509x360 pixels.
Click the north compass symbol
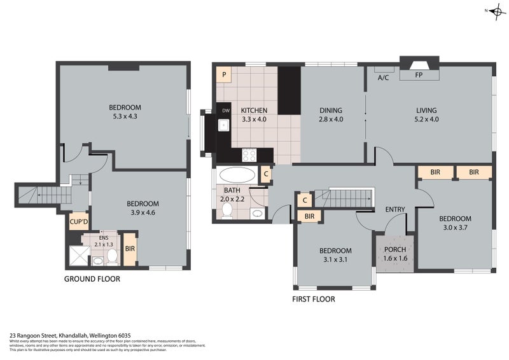coord(494,11)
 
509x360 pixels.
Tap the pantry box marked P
coord(224,75)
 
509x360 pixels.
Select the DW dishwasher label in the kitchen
coord(225,111)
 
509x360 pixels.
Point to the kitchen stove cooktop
coord(249,154)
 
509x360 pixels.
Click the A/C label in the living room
coord(384,78)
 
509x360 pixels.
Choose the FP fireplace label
coord(419,75)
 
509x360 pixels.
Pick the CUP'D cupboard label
coord(78,223)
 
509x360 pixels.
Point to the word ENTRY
coord(396,209)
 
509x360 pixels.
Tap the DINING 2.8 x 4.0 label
coord(331,114)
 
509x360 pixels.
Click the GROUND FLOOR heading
coord(92,279)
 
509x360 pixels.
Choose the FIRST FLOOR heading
coord(313,298)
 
